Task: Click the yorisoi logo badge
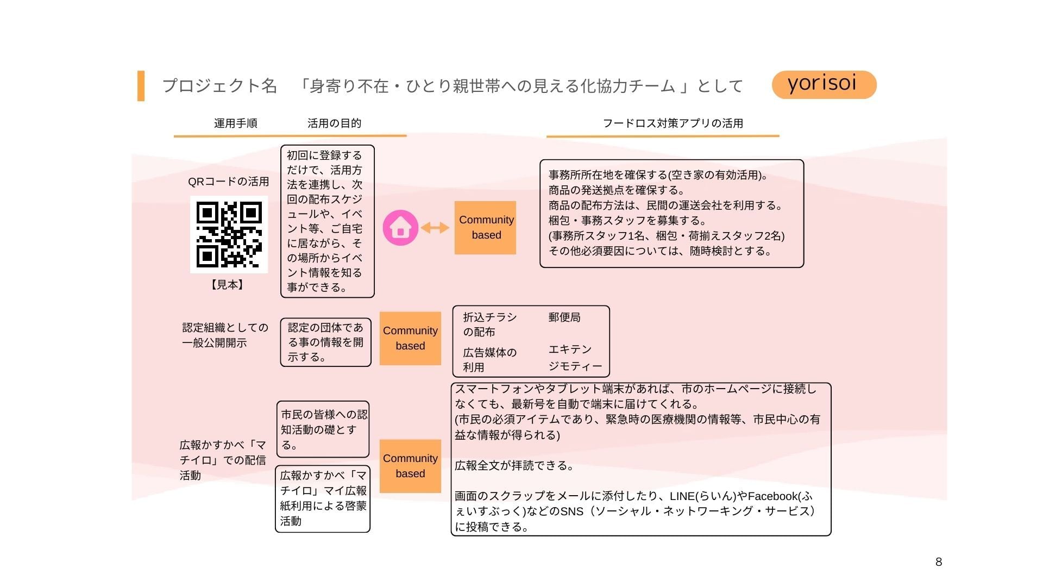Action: click(x=824, y=84)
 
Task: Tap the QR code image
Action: click(x=229, y=234)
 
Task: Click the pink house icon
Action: click(x=400, y=228)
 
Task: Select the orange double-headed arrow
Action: click(x=435, y=228)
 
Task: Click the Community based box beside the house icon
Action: click(x=485, y=228)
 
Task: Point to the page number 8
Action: click(x=938, y=562)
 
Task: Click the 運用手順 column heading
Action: click(x=235, y=123)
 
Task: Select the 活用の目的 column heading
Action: click(x=334, y=123)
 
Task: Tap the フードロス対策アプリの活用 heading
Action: click(x=673, y=123)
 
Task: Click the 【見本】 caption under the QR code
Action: click(x=228, y=285)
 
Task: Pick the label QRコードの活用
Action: click(x=228, y=182)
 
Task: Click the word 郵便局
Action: click(x=564, y=317)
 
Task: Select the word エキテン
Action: click(x=569, y=349)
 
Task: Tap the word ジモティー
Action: click(x=575, y=366)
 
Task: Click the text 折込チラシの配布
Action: click(x=489, y=324)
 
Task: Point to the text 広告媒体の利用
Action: click(x=489, y=360)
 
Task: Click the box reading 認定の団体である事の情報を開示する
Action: click(x=325, y=342)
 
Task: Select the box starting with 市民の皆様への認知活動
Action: click(x=323, y=429)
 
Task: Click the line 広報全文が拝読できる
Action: click(x=514, y=466)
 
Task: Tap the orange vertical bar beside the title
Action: click(x=141, y=86)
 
